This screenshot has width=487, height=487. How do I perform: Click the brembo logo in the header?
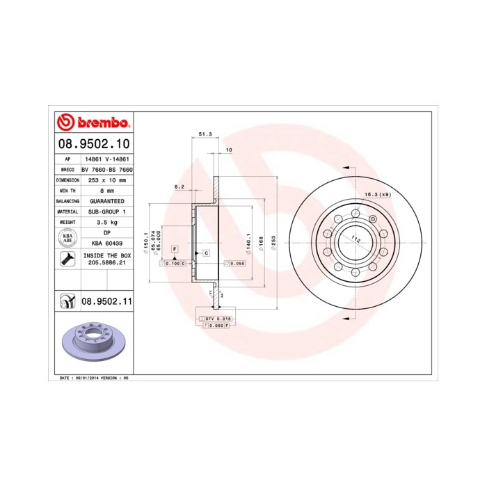tap(93, 123)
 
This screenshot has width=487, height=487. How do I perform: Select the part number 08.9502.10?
tap(93, 145)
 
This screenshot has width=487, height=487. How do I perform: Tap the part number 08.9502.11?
tap(107, 302)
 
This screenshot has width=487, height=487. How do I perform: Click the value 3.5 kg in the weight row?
tap(107, 222)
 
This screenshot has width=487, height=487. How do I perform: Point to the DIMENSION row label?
tap(67, 179)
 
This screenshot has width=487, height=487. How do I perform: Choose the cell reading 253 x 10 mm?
tap(107, 179)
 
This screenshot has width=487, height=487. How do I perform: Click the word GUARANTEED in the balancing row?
tap(107, 200)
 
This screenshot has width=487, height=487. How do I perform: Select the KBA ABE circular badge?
tap(67, 239)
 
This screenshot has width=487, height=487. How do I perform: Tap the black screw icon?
tap(67, 261)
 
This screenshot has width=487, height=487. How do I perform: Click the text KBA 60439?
tap(107, 243)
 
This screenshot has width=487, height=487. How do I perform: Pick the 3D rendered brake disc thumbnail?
tap(92, 343)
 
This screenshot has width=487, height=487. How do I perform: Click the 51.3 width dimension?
tap(205, 134)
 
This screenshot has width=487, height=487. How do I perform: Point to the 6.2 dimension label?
tap(179, 186)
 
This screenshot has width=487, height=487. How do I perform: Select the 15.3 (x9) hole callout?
tap(377, 194)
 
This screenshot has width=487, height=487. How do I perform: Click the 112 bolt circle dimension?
tap(356, 239)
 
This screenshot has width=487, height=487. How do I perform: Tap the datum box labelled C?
tap(207, 253)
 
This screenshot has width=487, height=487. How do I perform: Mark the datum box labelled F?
tap(174, 248)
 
